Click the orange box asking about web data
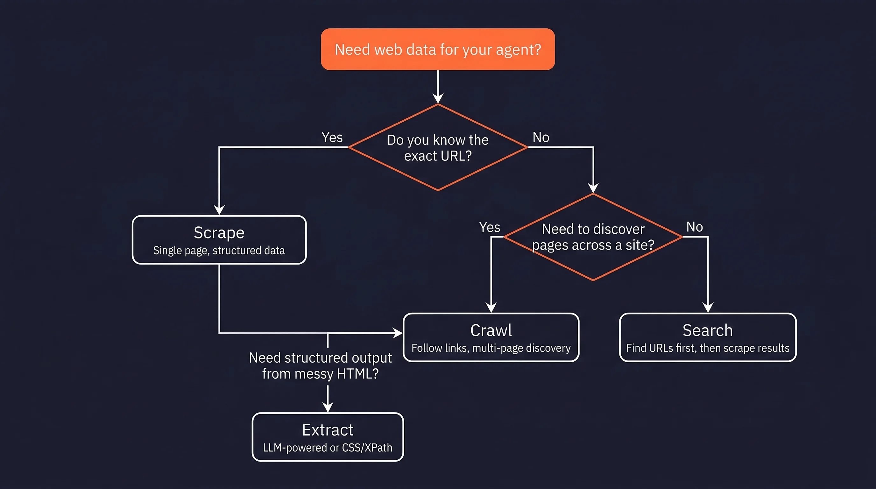(x=438, y=49)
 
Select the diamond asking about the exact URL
(x=438, y=148)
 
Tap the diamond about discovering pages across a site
(x=593, y=237)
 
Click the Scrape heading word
(x=219, y=233)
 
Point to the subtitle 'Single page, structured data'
(x=219, y=251)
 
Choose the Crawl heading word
(x=491, y=330)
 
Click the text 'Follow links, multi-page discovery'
(x=491, y=348)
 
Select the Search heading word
(x=708, y=330)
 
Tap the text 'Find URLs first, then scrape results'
(x=708, y=348)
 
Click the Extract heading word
(x=328, y=430)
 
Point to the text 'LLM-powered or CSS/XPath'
(x=328, y=448)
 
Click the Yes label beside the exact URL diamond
(x=332, y=138)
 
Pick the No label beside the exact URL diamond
(x=541, y=138)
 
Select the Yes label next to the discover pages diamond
(x=489, y=227)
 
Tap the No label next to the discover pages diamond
(x=695, y=227)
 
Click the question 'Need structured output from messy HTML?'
(x=320, y=365)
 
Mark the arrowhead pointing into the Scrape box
(x=219, y=210)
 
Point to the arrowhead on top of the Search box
(x=708, y=308)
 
